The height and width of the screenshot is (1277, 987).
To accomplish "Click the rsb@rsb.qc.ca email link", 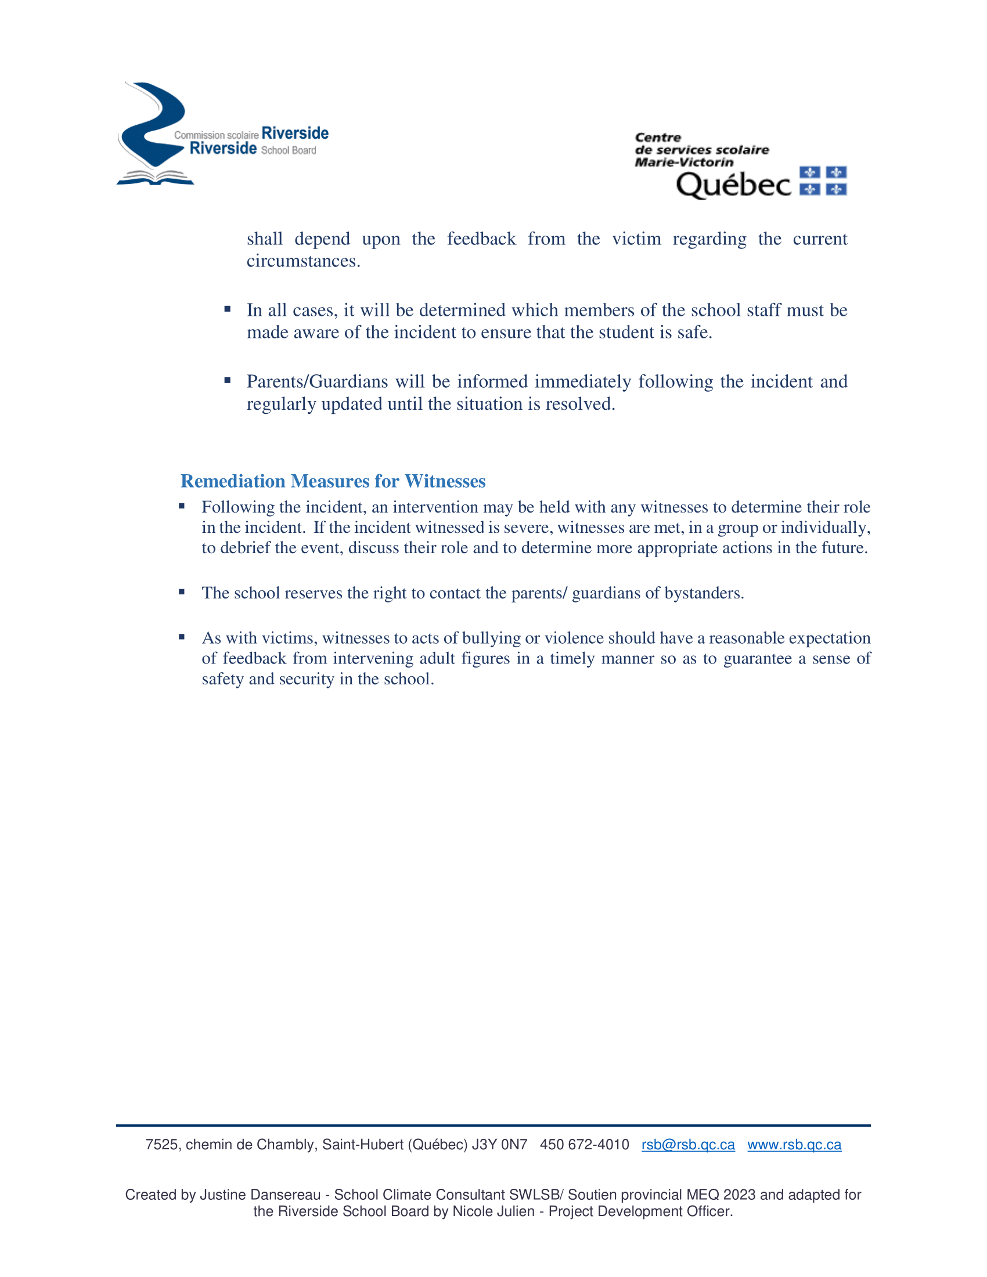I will (x=687, y=1144).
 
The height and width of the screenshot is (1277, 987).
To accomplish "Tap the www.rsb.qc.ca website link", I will (x=794, y=1144).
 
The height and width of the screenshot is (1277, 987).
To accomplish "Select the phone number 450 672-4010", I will (x=584, y=1144).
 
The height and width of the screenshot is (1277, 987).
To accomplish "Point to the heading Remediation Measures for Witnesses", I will (x=333, y=481).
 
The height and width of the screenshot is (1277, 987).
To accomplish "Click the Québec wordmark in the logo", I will (x=733, y=185).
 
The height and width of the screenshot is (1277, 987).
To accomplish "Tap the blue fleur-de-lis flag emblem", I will (x=823, y=181).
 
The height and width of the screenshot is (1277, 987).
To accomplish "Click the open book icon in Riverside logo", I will (x=155, y=177).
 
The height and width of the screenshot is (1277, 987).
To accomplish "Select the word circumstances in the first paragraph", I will (x=303, y=261).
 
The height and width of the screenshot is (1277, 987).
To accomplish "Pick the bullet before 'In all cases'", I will (x=228, y=309).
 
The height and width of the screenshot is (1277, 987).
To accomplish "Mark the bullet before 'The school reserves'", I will (x=182, y=592).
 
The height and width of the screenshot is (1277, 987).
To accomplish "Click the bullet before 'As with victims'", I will (x=182, y=637).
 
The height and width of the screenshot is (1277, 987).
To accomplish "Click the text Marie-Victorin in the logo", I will (x=683, y=162).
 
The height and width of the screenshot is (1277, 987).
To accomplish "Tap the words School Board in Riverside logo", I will (x=289, y=150).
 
